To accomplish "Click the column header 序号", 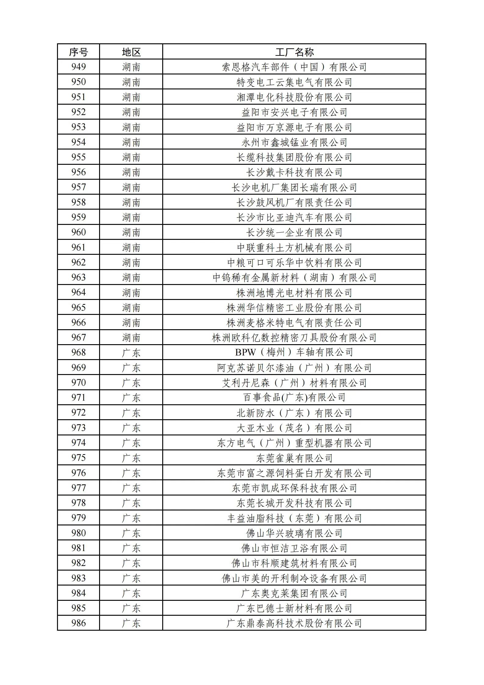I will pos(78,52).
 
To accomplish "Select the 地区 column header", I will pos(131,52).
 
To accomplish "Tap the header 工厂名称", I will pos(294,52).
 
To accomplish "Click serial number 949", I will pos(78,67).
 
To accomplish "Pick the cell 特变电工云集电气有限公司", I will pos(294,82).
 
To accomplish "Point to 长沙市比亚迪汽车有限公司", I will pos(294,217).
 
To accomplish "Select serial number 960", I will pos(78,232).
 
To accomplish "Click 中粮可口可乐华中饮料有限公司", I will pos(294,262).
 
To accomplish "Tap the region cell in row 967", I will pos(131,337).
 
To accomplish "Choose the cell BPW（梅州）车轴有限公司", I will pos(294,352).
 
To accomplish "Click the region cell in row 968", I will pos(131,352).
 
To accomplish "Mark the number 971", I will pos(78,398).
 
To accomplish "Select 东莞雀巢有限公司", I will pos(294,458).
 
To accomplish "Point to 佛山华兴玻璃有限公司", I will pos(294,533).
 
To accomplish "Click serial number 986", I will pos(78,623).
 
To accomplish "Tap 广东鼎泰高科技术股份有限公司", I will pos(294,623).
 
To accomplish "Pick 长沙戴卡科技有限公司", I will pos(294,172).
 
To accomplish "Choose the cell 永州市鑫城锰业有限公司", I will pos(294,142).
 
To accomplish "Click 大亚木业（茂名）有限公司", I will pos(294,428).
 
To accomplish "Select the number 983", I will pos(78,578).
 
